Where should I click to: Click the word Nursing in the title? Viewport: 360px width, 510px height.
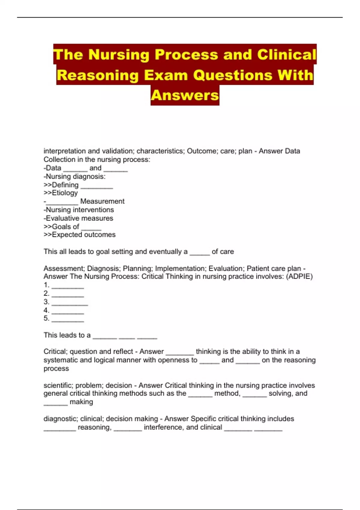(119, 55)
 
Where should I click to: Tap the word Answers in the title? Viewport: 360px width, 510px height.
(185, 95)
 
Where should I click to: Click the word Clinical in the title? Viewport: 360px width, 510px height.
(286, 55)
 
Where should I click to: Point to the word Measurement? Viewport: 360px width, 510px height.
(102, 201)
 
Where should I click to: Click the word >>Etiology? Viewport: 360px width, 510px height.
(61, 193)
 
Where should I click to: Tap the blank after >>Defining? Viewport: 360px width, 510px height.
(97, 187)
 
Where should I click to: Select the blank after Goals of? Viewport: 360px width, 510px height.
(91, 228)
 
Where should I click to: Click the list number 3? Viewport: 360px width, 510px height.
(46, 301)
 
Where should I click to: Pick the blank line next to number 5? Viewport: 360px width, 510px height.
(68, 320)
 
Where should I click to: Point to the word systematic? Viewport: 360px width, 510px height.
(60, 360)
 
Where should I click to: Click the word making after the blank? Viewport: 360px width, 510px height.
(81, 402)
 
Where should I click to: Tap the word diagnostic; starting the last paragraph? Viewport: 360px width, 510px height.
(61, 419)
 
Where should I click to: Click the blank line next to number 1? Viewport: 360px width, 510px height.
(68, 287)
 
